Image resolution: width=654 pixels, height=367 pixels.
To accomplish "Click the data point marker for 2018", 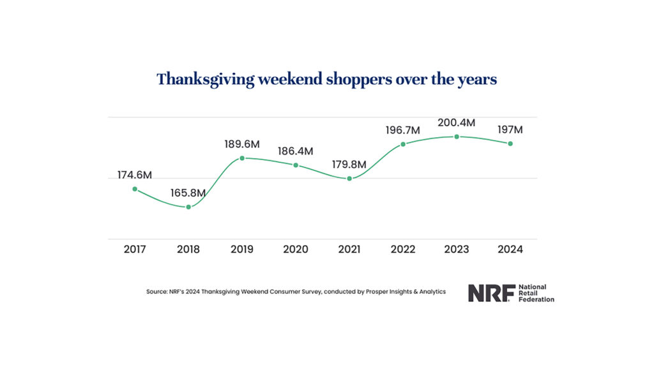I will [x=188, y=207].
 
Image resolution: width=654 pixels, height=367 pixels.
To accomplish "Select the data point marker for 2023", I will [x=457, y=137].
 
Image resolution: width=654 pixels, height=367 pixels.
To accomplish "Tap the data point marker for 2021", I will [x=349, y=178].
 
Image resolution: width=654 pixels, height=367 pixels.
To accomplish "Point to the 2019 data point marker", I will [x=242, y=158].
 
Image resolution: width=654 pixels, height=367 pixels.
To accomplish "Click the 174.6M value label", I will [x=134, y=175].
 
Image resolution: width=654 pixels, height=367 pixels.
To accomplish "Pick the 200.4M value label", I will [x=457, y=123].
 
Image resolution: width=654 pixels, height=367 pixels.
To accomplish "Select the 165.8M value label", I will [x=188, y=192].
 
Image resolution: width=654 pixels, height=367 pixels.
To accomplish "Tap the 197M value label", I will [x=510, y=130].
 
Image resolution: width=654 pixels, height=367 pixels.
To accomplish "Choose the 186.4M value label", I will [x=296, y=151].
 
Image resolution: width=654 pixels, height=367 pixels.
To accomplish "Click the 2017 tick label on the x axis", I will [x=134, y=249].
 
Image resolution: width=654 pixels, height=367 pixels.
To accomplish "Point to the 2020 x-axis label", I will [x=296, y=249].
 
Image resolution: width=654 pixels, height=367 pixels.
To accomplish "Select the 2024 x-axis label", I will [x=510, y=249].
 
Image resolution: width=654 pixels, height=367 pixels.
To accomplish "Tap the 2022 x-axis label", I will [x=403, y=249].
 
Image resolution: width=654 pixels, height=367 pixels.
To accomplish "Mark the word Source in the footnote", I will [x=157, y=292].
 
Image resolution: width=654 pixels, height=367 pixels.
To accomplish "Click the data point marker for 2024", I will [x=510, y=144].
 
